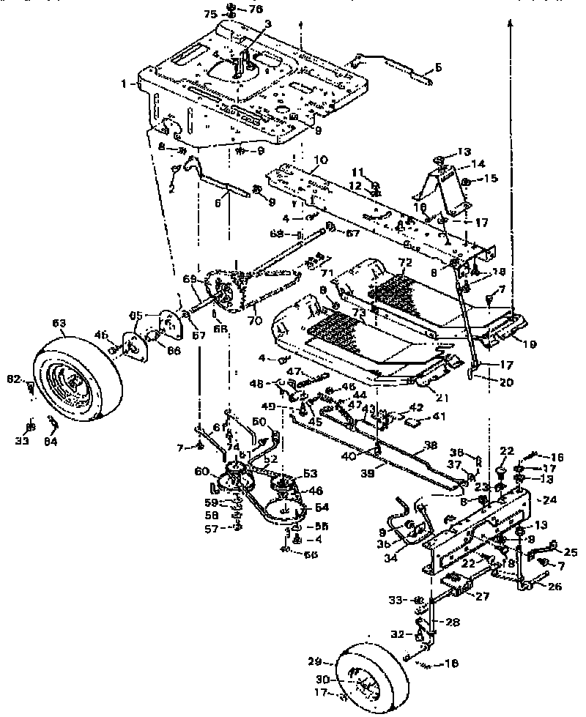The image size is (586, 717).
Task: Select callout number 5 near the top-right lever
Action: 437,67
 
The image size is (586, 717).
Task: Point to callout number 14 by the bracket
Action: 460,164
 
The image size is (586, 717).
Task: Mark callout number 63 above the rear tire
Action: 58,321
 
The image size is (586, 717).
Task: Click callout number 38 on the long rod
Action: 431,444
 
